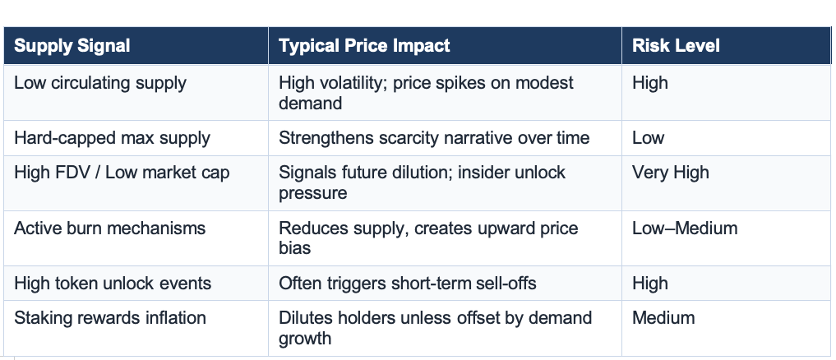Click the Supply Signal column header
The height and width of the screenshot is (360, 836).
click(x=72, y=46)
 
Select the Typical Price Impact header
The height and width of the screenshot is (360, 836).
click(x=364, y=46)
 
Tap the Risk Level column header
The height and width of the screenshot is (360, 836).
click(x=676, y=46)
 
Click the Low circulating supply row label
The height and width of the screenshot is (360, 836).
click(x=100, y=83)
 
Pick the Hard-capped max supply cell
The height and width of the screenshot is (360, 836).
click(x=112, y=138)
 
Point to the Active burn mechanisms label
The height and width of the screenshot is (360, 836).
click(x=109, y=228)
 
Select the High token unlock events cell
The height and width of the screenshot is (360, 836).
click(x=113, y=284)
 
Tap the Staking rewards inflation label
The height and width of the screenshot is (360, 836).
click(x=110, y=317)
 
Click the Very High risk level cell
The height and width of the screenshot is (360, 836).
click(x=670, y=173)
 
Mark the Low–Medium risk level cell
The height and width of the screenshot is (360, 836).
click(x=685, y=228)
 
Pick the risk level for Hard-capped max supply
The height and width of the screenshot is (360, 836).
click(x=648, y=138)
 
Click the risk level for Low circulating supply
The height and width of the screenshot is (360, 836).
click(x=650, y=83)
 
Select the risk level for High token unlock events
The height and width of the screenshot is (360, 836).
click(x=650, y=284)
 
